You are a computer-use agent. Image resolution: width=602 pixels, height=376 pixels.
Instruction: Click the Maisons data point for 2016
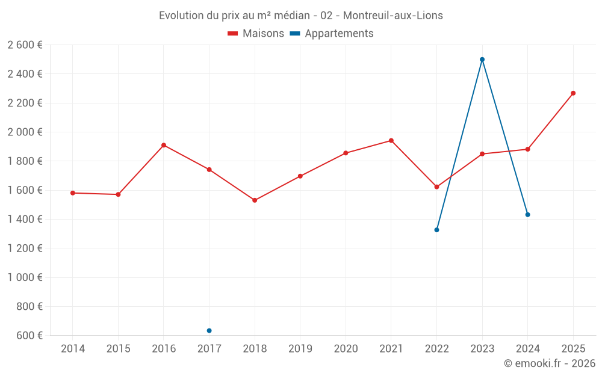(164, 145)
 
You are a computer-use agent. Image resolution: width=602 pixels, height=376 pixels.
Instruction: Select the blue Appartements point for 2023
(482, 60)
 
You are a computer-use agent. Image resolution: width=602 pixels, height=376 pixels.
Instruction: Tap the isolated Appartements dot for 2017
(209, 330)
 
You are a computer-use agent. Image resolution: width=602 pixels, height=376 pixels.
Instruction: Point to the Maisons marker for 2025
(573, 93)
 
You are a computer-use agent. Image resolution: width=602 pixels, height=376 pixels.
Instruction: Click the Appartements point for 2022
(436, 230)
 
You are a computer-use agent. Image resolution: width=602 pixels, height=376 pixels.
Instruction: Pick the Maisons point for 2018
(255, 200)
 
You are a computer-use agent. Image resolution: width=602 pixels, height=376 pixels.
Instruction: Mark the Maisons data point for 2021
(391, 141)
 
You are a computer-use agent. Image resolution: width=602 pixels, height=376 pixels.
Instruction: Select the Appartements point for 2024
(527, 215)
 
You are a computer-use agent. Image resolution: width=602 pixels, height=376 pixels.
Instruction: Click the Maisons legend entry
(256, 34)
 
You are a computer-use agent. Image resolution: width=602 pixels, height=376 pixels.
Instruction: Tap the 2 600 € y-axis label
(25, 45)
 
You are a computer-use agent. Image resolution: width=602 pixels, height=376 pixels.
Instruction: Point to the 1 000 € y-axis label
(25, 277)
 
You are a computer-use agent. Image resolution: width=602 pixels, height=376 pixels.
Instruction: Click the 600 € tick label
(29, 335)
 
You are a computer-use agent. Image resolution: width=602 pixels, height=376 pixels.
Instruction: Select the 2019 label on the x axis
(300, 349)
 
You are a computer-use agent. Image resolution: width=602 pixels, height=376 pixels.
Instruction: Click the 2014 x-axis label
(73, 349)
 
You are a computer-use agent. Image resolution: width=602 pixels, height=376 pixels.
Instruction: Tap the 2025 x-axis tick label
(573, 349)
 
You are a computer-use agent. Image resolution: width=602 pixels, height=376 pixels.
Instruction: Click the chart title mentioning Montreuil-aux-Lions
(301, 16)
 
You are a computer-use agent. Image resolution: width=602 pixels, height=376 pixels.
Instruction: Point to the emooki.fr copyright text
(550, 363)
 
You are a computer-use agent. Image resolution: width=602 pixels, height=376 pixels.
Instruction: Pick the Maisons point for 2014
(73, 193)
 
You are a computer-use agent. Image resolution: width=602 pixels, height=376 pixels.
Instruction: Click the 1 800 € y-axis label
(25, 161)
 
